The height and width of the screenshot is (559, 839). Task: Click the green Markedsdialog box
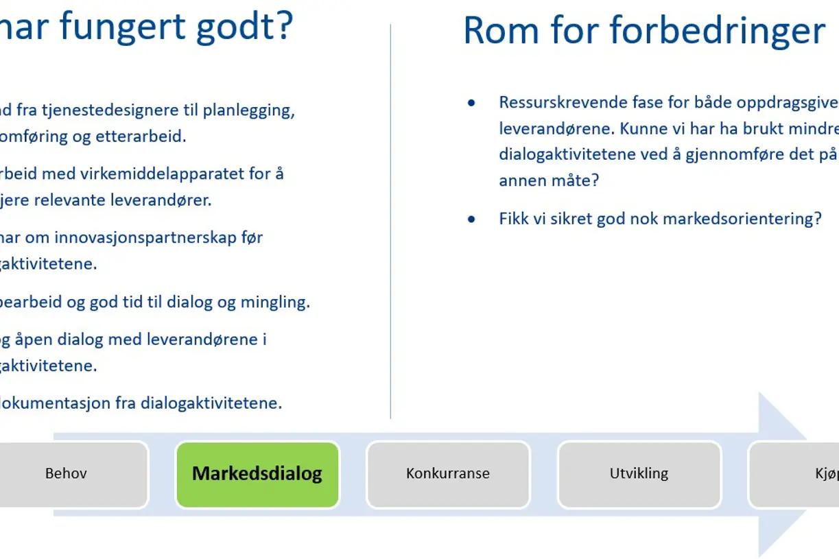[x=257, y=475]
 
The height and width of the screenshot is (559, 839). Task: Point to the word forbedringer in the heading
[x=716, y=31]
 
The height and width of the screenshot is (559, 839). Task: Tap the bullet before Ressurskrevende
[x=471, y=103]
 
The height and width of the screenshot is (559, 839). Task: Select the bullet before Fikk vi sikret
[x=471, y=219]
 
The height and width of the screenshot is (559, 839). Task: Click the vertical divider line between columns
[x=390, y=219]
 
